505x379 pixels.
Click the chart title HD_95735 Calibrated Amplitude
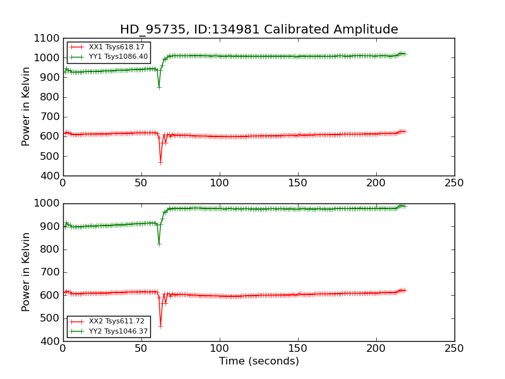coord(259,30)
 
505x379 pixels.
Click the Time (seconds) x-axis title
coord(259,361)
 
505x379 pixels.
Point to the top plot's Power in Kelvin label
coord(27,107)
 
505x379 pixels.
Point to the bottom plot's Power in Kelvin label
coord(27,272)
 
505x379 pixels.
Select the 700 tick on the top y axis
coord(50,117)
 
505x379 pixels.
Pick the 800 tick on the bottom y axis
coord(50,250)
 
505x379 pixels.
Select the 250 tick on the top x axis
coord(454,184)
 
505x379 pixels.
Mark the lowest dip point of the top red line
coord(160,162)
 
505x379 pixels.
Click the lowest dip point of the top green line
coord(159,87)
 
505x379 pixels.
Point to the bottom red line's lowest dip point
coord(160,326)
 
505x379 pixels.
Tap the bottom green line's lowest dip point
coord(159,244)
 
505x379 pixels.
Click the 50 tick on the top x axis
coord(141,184)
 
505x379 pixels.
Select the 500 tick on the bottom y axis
coord(50,318)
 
